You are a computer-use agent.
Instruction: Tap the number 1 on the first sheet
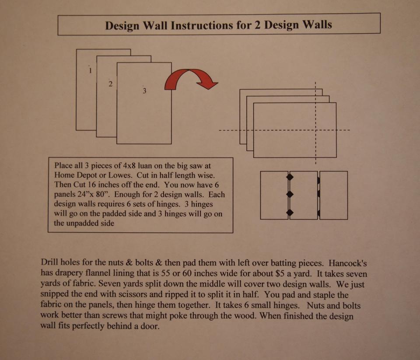90,70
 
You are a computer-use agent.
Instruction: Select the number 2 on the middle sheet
110,84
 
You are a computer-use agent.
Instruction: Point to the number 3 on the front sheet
144,91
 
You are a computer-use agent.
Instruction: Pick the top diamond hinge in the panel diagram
290,177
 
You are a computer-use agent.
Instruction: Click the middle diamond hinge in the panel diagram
290,194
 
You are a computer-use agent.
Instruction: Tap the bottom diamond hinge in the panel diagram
290,213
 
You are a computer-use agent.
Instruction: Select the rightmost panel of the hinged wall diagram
333,195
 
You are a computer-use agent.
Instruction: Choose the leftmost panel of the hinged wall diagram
274,195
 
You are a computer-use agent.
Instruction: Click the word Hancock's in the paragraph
348,263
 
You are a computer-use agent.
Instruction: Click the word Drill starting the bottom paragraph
49,262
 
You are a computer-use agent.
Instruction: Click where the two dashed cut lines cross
316,130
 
